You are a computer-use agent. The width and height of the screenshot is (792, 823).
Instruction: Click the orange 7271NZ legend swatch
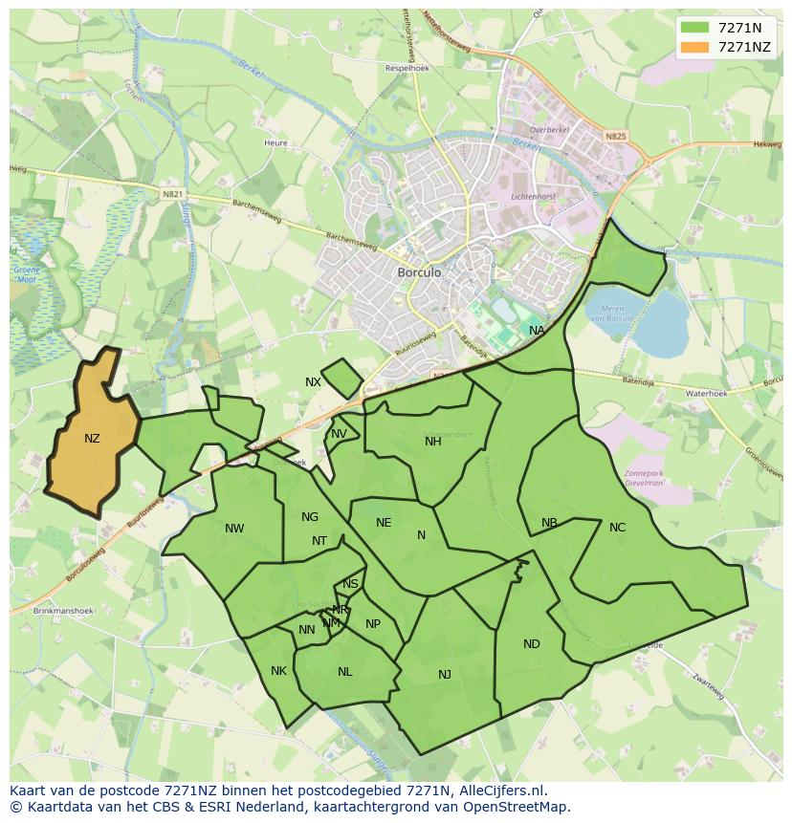[694, 47]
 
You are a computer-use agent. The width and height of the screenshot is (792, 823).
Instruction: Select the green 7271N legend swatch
[694, 28]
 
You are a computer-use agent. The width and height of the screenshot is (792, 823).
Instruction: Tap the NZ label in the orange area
[92, 439]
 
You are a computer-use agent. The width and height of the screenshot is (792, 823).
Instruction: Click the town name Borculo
[419, 272]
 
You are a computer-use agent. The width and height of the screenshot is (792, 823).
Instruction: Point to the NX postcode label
[313, 382]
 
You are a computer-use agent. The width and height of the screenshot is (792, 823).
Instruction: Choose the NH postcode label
[433, 441]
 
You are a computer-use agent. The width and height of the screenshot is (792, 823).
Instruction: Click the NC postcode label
[617, 528]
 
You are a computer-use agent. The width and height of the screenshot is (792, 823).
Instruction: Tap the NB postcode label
[549, 523]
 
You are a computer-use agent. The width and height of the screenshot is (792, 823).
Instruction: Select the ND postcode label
[532, 644]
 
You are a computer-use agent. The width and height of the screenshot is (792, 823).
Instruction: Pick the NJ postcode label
[445, 675]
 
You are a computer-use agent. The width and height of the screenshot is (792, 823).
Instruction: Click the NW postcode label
[234, 529]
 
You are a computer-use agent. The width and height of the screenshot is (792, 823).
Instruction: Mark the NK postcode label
[278, 671]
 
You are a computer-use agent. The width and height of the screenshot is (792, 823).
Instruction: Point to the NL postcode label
[345, 672]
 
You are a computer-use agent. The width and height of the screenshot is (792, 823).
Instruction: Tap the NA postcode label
[537, 331]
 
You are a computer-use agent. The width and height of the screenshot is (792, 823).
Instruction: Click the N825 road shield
[615, 137]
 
